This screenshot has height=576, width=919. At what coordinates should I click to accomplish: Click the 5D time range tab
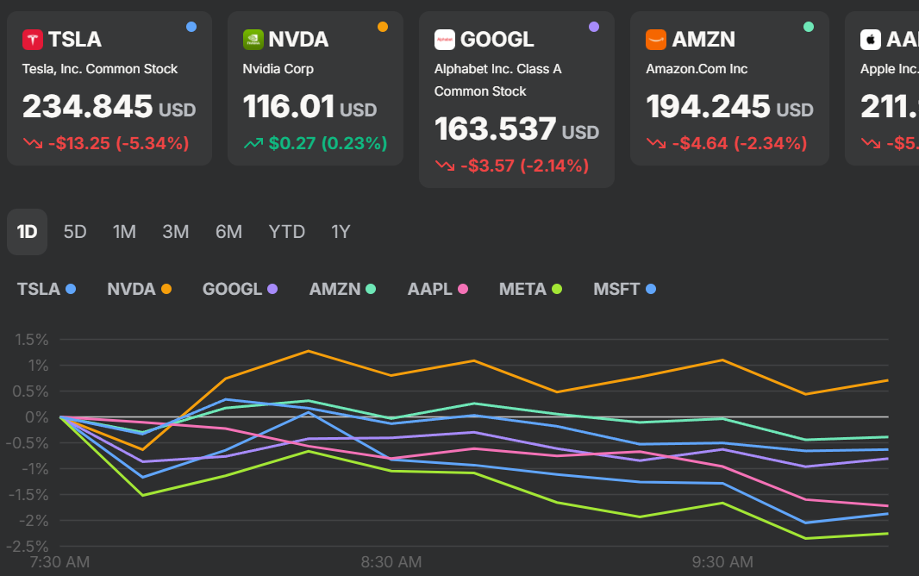pyautogui.click(x=75, y=232)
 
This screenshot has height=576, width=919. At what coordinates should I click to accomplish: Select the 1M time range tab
pyautogui.click(x=124, y=232)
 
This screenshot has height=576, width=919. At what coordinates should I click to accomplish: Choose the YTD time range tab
pyautogui.click(x=286, y=232)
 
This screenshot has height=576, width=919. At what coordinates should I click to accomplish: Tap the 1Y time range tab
pyautogui.click(x=341, y=232)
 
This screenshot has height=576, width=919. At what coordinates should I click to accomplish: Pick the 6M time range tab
pyautogui.click(x=228, y=232)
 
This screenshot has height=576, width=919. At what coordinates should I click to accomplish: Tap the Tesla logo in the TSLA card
pyautogui.click(x=33, y=40)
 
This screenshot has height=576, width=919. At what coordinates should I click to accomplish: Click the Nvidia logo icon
pyautogui.click(x=253, y=40)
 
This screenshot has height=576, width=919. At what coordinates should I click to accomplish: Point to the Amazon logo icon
pyautogui.click(x=656, y=40)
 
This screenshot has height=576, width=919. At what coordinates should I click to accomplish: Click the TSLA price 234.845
pyautogui.click(x=87, y=107)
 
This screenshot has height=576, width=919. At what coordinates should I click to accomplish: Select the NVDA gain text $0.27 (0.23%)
pyautogui.click(x=327, y=143)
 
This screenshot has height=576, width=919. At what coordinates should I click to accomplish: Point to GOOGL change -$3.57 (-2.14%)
pyautogui.click(x=523, y=166)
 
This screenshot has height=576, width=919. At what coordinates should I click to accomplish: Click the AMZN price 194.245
pyautogui.click(x=708, y=107)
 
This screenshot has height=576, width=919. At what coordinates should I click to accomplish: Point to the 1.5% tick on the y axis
pyautogui.click(x=30, y=340)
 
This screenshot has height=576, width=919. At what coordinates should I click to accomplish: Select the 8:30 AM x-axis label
pyautogui.click(x=391, y=562)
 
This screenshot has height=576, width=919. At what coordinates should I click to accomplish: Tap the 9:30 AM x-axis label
pyautogui.click(x=722, y=562)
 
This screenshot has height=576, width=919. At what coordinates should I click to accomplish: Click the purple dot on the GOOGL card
pyautogui.click(x=593, y=27)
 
